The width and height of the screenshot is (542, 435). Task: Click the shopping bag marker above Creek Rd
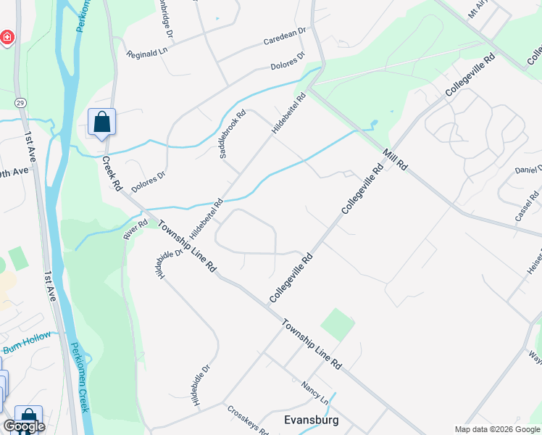pos(101,122)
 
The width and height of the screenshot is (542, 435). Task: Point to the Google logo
pos(24,426)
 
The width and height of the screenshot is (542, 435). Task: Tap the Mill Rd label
pos(394,158)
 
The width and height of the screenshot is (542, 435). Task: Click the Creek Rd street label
pos(111,173)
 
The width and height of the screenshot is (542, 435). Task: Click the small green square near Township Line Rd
pos(337,323)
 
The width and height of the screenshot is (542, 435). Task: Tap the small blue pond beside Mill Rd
pos(374,124)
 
